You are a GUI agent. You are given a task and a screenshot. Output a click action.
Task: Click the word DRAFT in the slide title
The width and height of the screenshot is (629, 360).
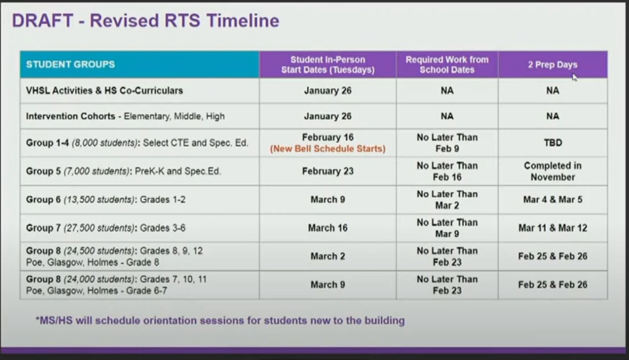tap(42, 21)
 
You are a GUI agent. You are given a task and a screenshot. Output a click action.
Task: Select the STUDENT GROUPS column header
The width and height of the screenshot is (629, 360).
tap(70, 65)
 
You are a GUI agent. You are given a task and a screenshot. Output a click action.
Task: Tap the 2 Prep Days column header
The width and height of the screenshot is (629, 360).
tap(553, 65)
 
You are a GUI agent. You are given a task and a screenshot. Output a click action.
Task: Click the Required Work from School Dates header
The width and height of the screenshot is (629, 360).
tap(447, 65)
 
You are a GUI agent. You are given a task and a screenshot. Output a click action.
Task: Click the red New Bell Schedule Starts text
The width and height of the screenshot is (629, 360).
tap(328, 149)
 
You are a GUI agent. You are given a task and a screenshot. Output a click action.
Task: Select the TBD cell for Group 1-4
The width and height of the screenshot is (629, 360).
tap(553, 143)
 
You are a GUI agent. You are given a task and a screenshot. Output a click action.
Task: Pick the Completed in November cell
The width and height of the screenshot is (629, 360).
tap(553, 171)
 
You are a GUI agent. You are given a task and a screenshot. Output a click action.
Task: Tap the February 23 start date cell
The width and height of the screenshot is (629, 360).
tap(328, 171)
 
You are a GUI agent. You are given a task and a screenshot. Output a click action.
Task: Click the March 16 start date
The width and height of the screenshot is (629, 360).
tap(328, 228)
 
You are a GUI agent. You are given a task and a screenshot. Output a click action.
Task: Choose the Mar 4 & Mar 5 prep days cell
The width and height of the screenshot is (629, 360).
tap(553, 200)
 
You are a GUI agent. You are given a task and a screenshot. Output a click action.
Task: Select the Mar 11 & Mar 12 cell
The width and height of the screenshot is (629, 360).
tap(553, 228)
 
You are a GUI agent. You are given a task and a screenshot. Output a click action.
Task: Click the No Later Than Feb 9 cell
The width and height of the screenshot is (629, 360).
tap(447, 143)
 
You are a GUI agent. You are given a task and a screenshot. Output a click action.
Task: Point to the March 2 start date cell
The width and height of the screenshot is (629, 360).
tap(328, 256)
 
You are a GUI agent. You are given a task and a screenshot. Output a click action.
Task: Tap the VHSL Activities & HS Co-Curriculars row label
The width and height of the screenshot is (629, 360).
tap(104, 91)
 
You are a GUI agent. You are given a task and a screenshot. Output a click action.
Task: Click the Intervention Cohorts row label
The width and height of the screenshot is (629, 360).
tap(125, 116)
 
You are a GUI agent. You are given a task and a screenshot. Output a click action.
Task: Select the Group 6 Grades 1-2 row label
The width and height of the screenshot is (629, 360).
tap(106, 200)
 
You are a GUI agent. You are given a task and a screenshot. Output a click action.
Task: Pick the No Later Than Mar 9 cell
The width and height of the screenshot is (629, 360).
tap(447, 228)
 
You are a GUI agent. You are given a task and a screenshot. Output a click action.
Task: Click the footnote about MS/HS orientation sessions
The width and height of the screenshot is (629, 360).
tap(220, 320)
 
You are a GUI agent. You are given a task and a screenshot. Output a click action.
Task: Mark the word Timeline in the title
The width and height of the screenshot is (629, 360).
tap(243, 21)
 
